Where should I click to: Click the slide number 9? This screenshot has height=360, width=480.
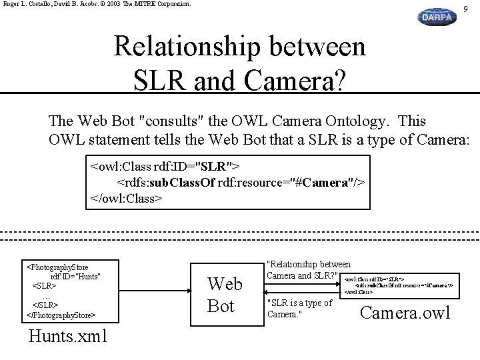tap(465, 7)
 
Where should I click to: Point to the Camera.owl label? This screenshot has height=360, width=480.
tap(405, 312)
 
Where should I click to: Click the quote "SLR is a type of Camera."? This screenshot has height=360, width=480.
tap(299, 308)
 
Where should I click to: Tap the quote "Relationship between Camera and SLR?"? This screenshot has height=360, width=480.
tap(308, 270)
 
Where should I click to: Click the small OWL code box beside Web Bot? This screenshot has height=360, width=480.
tap(399, 285)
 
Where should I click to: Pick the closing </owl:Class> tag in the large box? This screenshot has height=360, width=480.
tap(127, 198)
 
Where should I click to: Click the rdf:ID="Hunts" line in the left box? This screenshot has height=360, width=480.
tap(75, 276)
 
